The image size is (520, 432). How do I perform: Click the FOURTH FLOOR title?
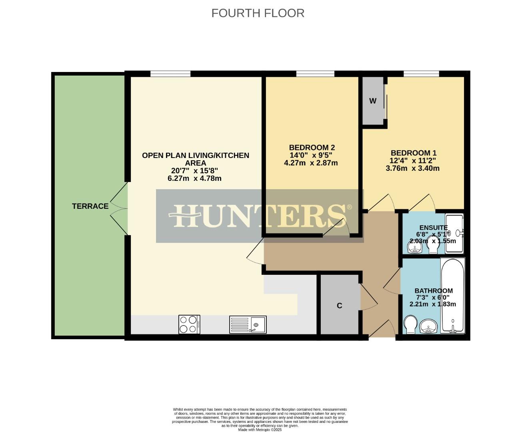[x=258, y=13]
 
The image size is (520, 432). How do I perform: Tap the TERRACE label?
[x=90, y=206]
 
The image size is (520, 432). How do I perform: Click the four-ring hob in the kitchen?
[x=189, y=324]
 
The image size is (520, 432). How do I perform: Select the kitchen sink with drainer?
[x=248, y=324]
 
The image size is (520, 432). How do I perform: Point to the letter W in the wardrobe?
[x=373, y=101]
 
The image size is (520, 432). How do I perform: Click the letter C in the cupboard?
[x=339, y=306]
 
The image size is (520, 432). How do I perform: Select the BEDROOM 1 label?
[x=413, y=153]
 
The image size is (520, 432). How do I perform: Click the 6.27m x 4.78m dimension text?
[x=194, y=178]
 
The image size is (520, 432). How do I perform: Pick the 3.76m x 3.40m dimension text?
[x=412, y=168]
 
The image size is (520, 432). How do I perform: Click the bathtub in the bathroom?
[x=453, y=296]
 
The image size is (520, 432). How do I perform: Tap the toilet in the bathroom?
[x=410, y=324]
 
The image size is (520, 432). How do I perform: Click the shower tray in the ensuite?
[x=454, y=234]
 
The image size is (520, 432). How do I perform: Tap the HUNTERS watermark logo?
[x=260, y=216]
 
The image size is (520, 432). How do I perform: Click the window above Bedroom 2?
[x=315, y=74]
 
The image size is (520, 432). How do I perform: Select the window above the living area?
[x=170, y=74]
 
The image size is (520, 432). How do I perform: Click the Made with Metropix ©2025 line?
[x=260, y=430]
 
